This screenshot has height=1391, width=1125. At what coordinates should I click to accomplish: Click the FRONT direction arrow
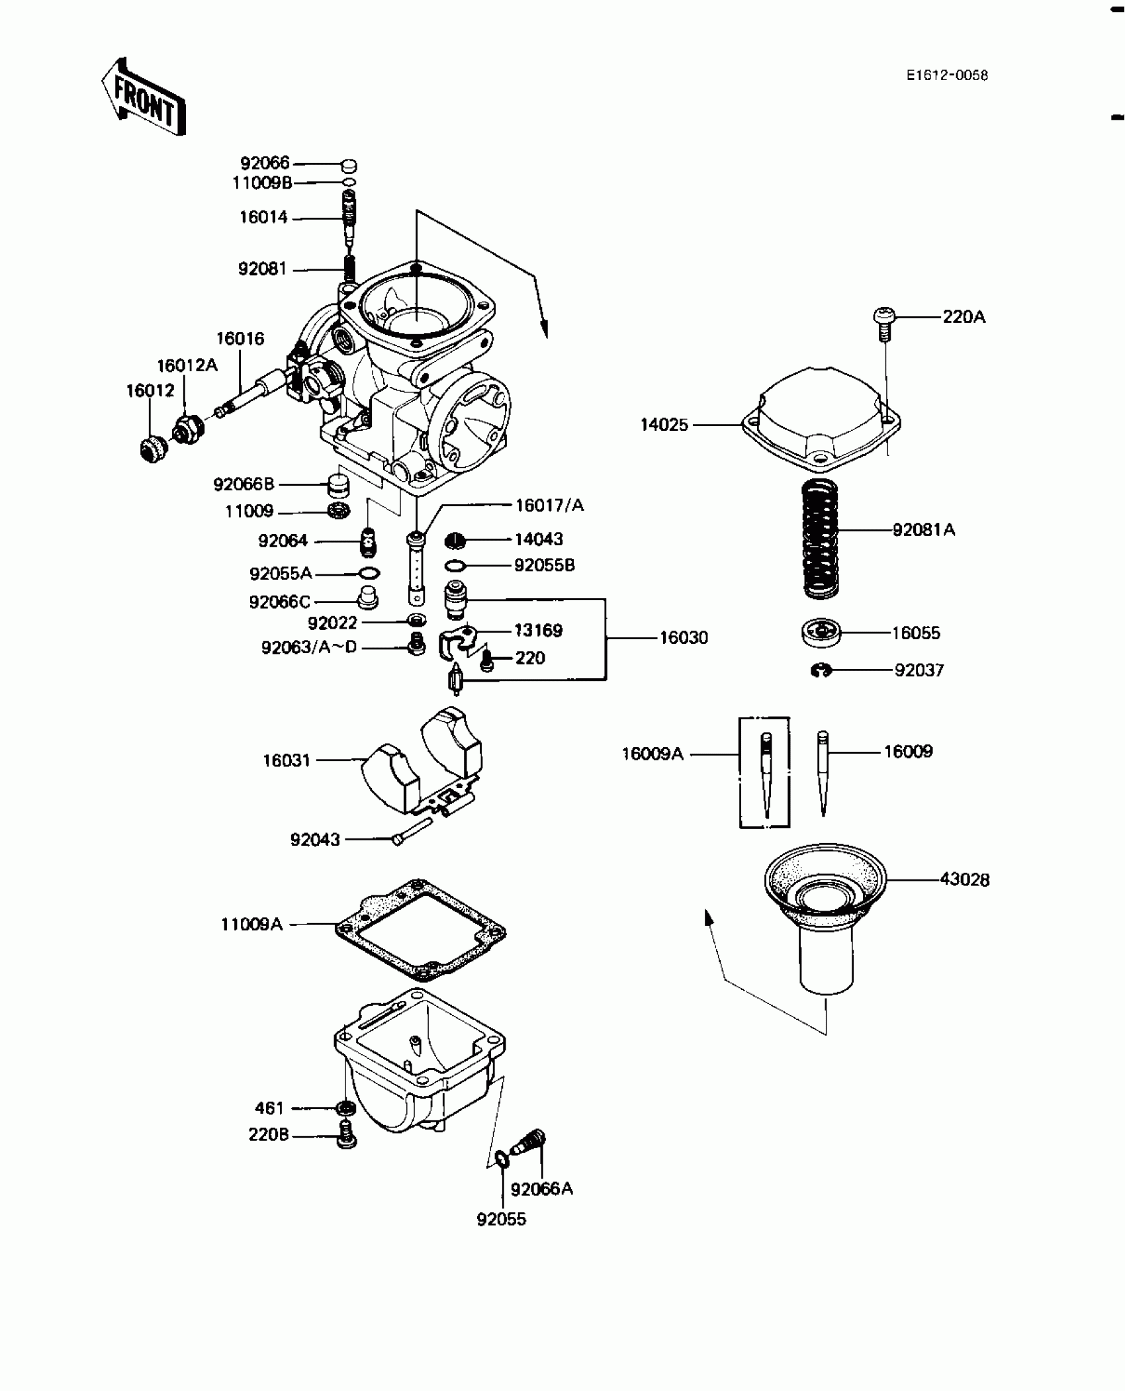pyautogui.click(x=143, y=97)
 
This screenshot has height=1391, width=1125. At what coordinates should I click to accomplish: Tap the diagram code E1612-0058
pyautogui.click(x=947, y=76)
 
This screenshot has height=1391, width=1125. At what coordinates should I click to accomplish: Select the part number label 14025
pyautogui.click(x=664, y=425)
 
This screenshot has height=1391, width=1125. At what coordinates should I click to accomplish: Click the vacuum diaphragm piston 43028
pyautogui.click(x=825, y=917)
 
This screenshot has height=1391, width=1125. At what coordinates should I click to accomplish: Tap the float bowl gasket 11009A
pyautogui.click(x=421, y=930)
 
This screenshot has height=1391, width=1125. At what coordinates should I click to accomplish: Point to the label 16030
pyautogui.click(x=684, y=638)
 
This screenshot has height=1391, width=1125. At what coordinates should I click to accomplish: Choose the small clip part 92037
pyautogui.click(x=821, y=671)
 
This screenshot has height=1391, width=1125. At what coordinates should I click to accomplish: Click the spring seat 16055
pyautogui.click(x=821, y=633)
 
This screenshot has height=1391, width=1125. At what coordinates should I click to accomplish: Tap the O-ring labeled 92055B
pyautogui.click(x=455, y=566)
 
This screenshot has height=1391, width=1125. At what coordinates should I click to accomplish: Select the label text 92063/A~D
pyautogui.click(x=309, y=647)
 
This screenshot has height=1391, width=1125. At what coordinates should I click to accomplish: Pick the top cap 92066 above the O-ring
pyautogui.click(x=349, y=165)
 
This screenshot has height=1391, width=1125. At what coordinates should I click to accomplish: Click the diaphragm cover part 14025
pyautogui.click(x=821, y=414)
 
